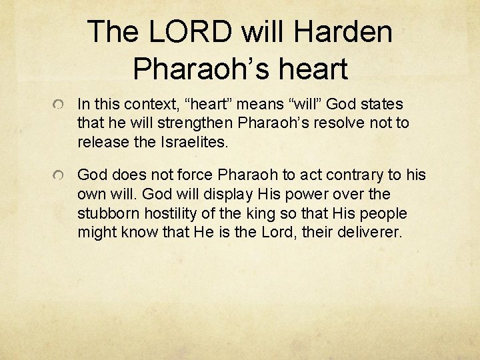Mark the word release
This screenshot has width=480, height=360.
[x=101, y=141]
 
